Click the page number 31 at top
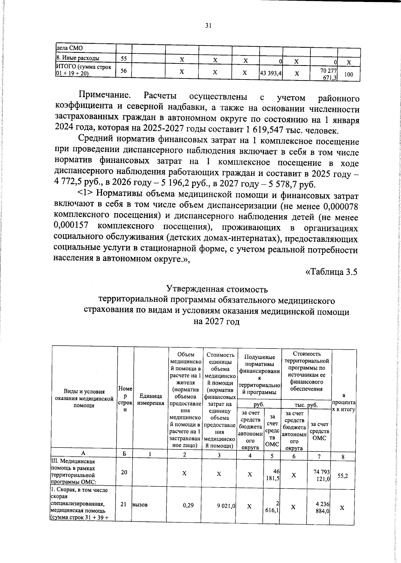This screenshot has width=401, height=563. tap(208, 26)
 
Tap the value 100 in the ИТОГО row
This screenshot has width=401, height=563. tap(349, 74)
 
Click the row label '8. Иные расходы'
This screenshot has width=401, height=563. tap(77, 58)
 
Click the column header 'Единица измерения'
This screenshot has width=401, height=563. tap(150, 400)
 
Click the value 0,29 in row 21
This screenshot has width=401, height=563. tap(188, 506)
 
